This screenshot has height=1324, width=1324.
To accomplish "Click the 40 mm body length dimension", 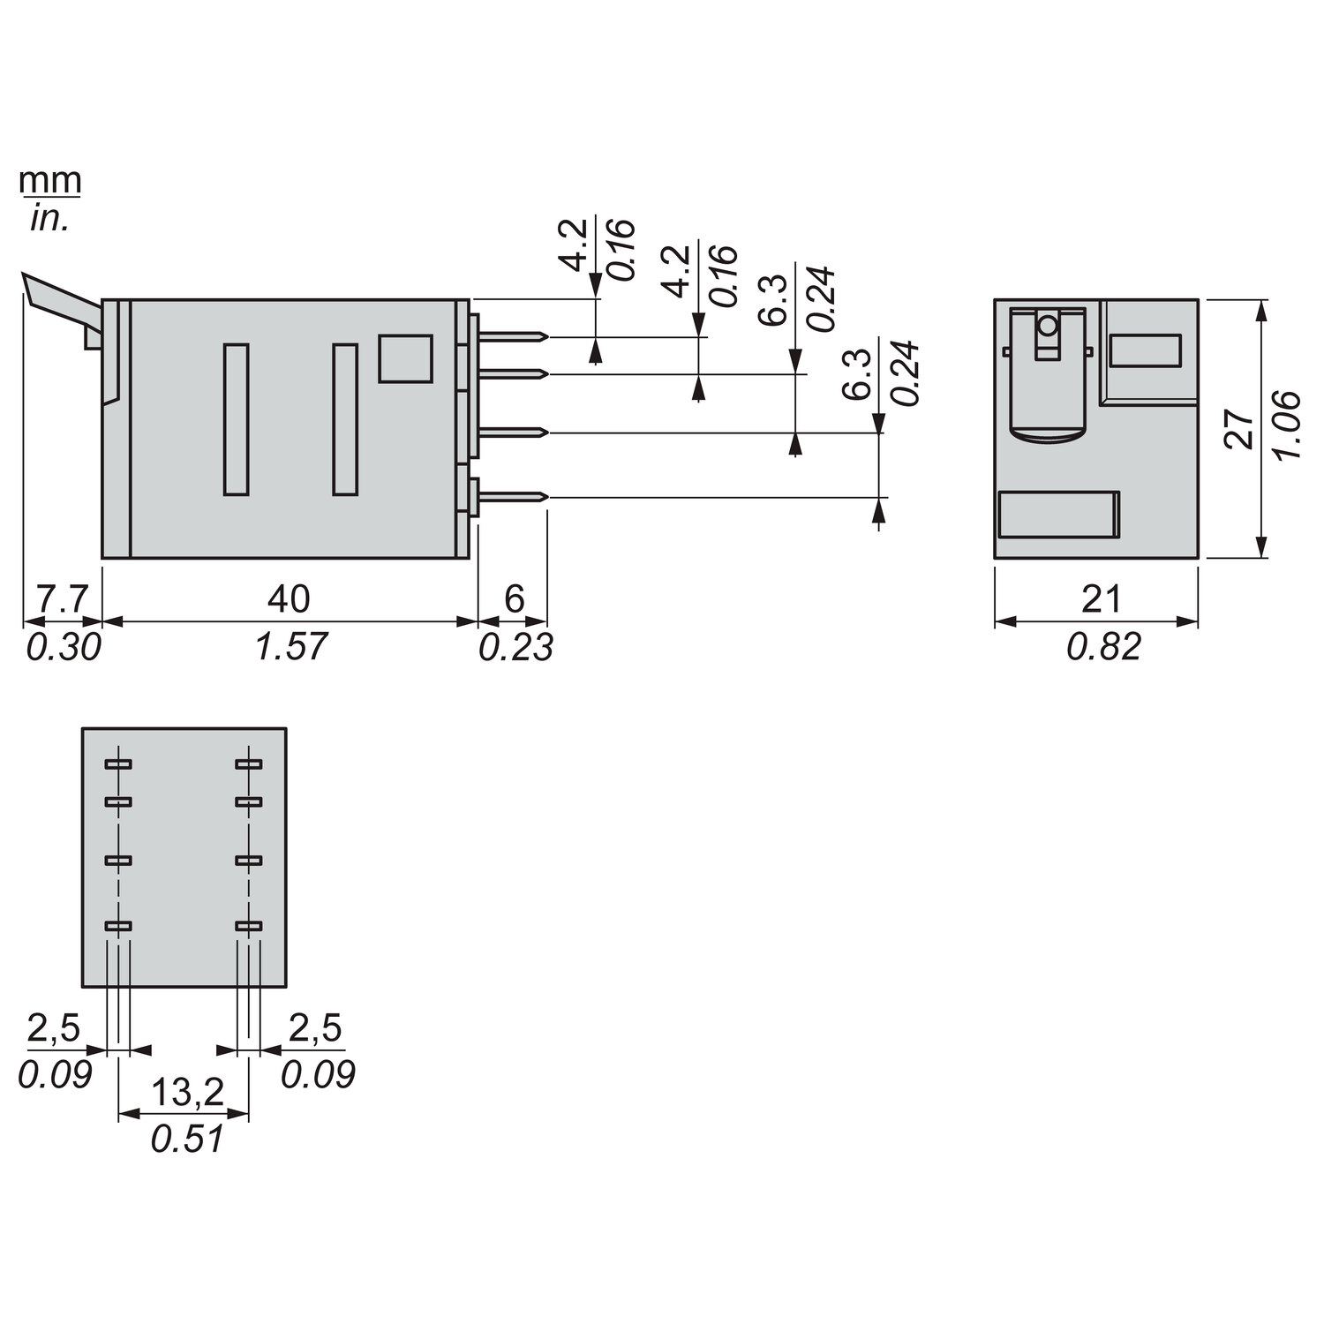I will pyautogui.click(x=289, y=599).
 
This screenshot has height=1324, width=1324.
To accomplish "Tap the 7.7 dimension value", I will pyautogui.click(x=62, y=599).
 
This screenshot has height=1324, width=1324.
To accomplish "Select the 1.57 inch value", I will pyautogui.click(x=290, y=647).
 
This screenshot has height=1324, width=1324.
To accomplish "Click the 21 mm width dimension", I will pyautogui.click(x=1101, y=599).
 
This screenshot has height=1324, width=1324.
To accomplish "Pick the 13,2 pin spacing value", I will pyautogui.click(x=186, y=1093).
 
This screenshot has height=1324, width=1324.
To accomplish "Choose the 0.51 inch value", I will pyautogui.click(x=186, y=1139).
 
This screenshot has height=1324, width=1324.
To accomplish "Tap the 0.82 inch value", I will pyautogui.click(x=1103, y=647).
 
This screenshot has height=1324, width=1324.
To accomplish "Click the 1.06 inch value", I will pyautogui.click(x=1290, y=424).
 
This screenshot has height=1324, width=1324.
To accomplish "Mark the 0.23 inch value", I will pyautogui.click(x=515, y=647).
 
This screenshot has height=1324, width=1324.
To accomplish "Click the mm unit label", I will pyautogui.click(x=50, y=180).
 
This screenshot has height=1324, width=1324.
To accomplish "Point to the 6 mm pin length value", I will pyautogui.click(x=514, y=599).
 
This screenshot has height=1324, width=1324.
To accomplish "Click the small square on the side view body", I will pyautogui.click(x=405, y=358).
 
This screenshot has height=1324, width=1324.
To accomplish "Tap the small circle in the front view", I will pyautogui.click(x=1048, y=327).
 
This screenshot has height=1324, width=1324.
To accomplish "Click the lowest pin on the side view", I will pyautogui.click(x=512, y=498).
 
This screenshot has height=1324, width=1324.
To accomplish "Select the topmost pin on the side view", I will pyautogui.click(x=512, y=336).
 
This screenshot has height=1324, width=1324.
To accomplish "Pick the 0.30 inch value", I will pyautogui.click(x=63, y=647).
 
